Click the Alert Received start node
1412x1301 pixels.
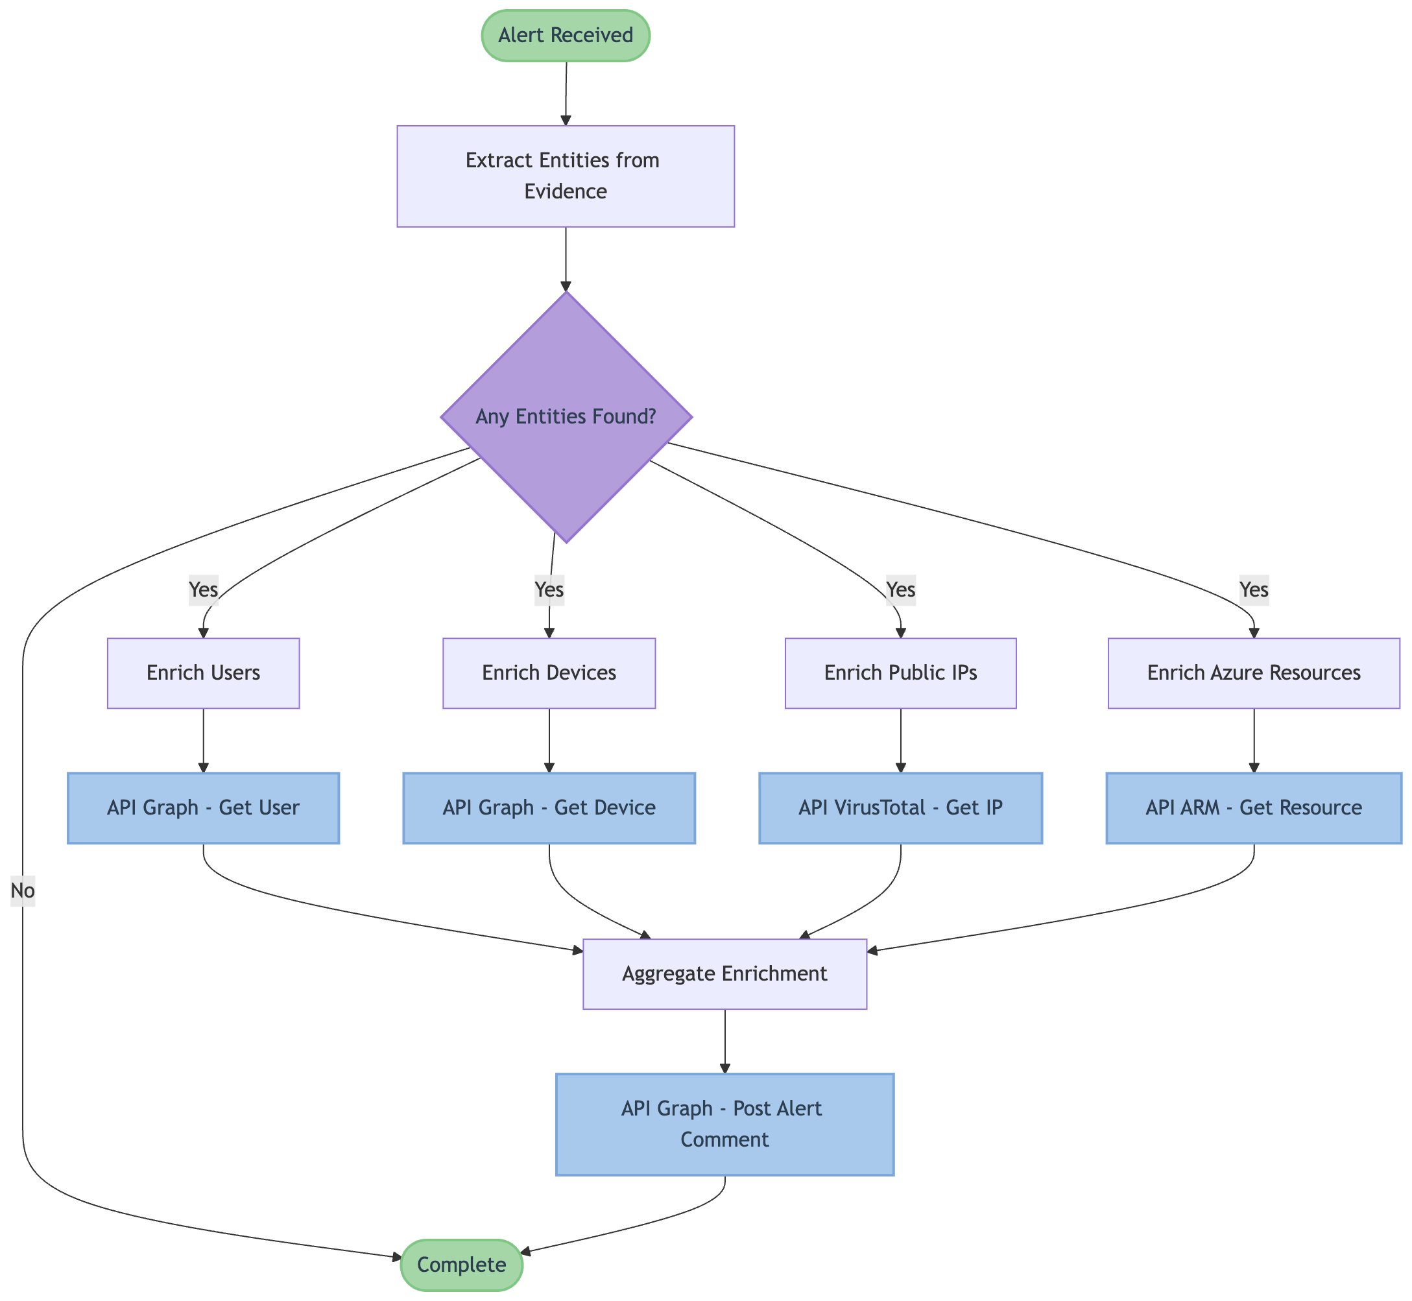click(565, 35)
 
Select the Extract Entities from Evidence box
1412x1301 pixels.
click(565, 176)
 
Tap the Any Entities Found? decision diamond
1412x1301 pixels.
click(566, 417)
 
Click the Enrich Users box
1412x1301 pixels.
click(204, 673)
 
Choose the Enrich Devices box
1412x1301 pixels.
click(549, 673)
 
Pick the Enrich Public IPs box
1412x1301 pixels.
click(900, 673)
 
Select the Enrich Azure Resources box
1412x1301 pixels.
click(1254, 673)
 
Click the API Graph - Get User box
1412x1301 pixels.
click(204, 807)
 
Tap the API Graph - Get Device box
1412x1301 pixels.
click(549, 807)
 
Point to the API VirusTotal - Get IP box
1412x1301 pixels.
click(900, 807)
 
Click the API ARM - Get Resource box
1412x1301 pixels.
click(1254, 807)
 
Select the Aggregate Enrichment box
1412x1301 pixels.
click(725, 973)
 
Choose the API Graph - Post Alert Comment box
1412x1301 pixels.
click(725, 1125)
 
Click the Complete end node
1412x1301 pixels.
click(462, 1265)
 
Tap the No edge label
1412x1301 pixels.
click(23, 891)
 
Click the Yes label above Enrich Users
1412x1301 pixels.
click(204, 588)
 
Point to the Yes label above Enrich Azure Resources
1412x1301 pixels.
click(1254, 588)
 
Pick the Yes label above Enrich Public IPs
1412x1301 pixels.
click(900, 588)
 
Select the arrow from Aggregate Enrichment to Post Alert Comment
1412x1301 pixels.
click(725, 1041)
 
